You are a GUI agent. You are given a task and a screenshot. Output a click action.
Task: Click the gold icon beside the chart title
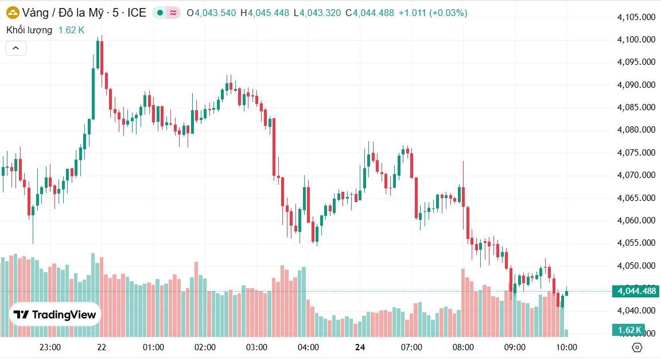(13, 12)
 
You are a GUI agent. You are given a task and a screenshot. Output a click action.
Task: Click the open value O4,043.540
(211, 12)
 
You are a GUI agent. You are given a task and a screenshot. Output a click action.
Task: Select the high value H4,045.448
(265, 12)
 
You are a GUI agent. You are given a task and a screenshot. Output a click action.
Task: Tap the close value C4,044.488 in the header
(370, 12)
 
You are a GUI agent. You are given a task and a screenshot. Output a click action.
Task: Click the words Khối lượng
(29, 30)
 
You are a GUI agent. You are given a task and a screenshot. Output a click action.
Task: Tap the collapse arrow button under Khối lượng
(15, 48)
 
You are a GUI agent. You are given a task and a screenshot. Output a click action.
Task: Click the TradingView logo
(55, 315)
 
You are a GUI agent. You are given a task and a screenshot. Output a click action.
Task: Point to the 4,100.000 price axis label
(636, 40)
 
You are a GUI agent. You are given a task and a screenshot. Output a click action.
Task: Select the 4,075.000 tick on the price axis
(636, 152)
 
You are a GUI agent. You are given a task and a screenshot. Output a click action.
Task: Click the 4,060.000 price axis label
(636, 220)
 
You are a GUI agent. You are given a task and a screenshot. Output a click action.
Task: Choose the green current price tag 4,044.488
(636, 291)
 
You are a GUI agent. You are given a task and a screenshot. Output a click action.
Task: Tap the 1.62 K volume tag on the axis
(629, 330)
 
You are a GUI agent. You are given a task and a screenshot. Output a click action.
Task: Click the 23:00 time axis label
(50, 347)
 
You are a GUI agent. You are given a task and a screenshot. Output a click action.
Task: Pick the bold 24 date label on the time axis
(360, 347)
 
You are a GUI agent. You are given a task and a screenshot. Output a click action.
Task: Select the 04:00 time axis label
(309, 347)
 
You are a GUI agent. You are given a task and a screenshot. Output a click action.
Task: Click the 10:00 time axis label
(567, 347)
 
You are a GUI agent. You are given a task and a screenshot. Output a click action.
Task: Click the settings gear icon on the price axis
(636, 347)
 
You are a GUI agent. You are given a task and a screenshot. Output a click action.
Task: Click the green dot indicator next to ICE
(160, 12)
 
